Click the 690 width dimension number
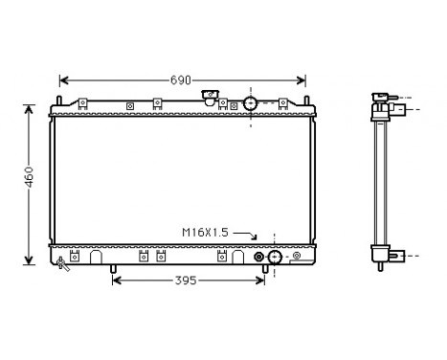(182, 79)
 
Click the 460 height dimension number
(30, 178)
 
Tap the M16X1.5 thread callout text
(205, 233)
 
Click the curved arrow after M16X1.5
(245, 234)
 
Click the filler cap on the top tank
(211, 100)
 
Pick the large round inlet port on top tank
(250, 102)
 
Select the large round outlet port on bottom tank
(275, 257)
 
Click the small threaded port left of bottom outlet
(257, 257)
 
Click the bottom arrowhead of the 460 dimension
(30, 260)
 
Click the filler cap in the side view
(380, 97)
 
